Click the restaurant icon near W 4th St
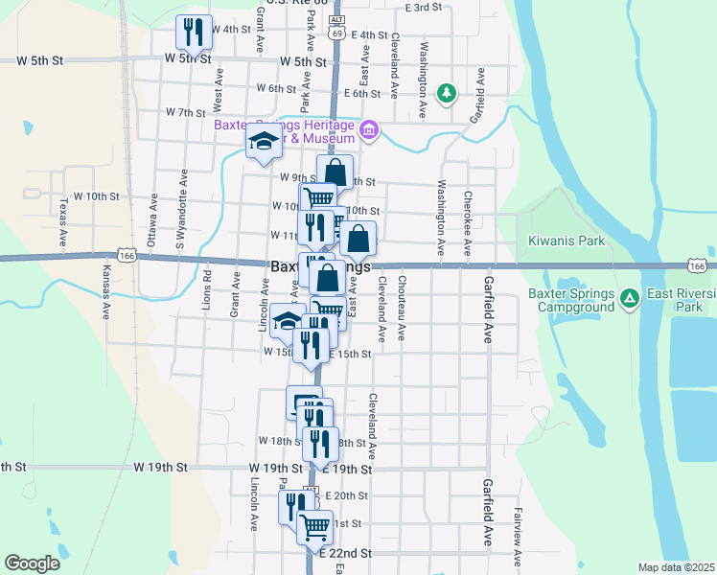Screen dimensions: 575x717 193,32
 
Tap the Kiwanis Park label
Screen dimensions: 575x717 567,241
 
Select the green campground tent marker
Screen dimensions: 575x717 630,299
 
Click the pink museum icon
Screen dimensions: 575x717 369,129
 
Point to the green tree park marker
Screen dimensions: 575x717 446,93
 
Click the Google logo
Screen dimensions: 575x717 32,563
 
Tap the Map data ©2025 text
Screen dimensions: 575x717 675,567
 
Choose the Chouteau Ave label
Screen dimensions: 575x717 402,309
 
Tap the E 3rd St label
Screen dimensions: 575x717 423,7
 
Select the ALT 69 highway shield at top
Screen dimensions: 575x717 335,27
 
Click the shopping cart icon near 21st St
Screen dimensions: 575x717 314,525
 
